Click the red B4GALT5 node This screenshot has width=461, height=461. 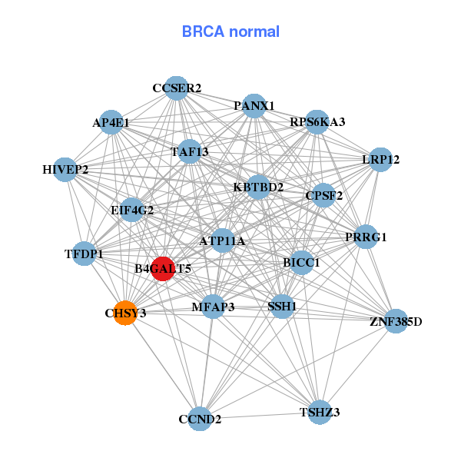(162, 269)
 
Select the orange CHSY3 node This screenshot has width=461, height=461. (125, 313)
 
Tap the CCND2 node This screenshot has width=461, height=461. (200, 419)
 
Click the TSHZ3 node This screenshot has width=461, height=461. (320, 413)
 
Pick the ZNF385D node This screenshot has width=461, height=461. (396, 320)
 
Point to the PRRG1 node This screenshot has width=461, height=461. (366, 237)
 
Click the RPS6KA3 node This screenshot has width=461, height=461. (317, 122)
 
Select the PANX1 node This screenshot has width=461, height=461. (254, 105)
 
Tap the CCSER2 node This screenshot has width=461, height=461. (177, 88)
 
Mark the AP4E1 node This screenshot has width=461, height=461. (112, 122)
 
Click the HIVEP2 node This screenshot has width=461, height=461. (65, 169)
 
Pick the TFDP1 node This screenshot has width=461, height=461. (84, 254)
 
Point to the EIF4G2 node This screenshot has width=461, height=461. (132, 210)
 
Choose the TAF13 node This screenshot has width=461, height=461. (190, 151)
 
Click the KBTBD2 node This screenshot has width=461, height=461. (258, 187)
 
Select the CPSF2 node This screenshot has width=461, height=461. (324, 194)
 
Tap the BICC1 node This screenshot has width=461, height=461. (301, 263)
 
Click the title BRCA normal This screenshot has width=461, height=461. (230, 32)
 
